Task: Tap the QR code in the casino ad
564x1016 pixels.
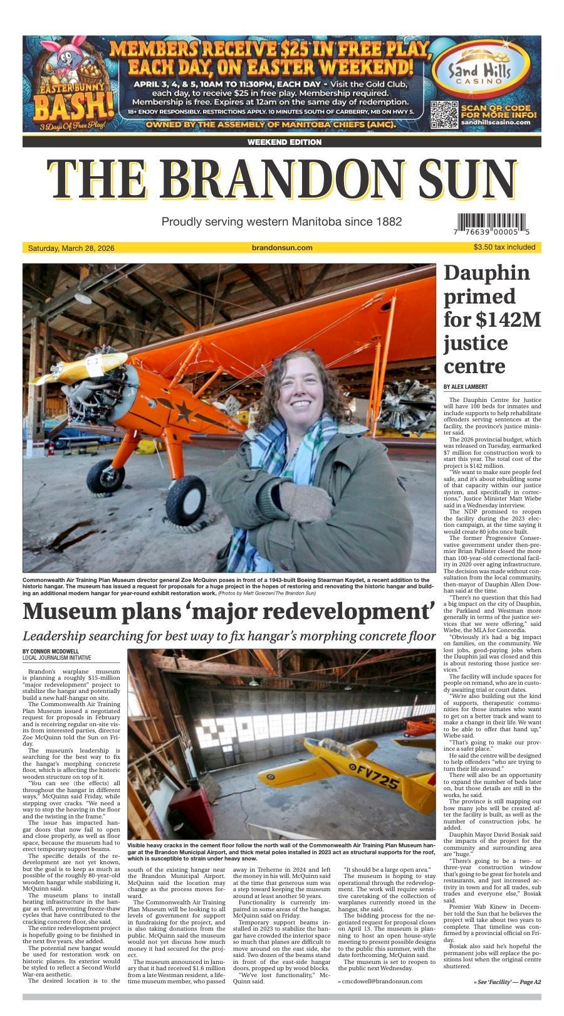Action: coord(444,115)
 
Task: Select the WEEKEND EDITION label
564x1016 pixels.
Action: coord(284,142)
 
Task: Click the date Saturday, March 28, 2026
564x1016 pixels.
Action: coord(71,248)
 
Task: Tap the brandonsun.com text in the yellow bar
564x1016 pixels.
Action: coord(281,248)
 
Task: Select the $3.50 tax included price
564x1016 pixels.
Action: coord(504,247)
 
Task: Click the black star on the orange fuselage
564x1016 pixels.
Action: coord(184,411)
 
